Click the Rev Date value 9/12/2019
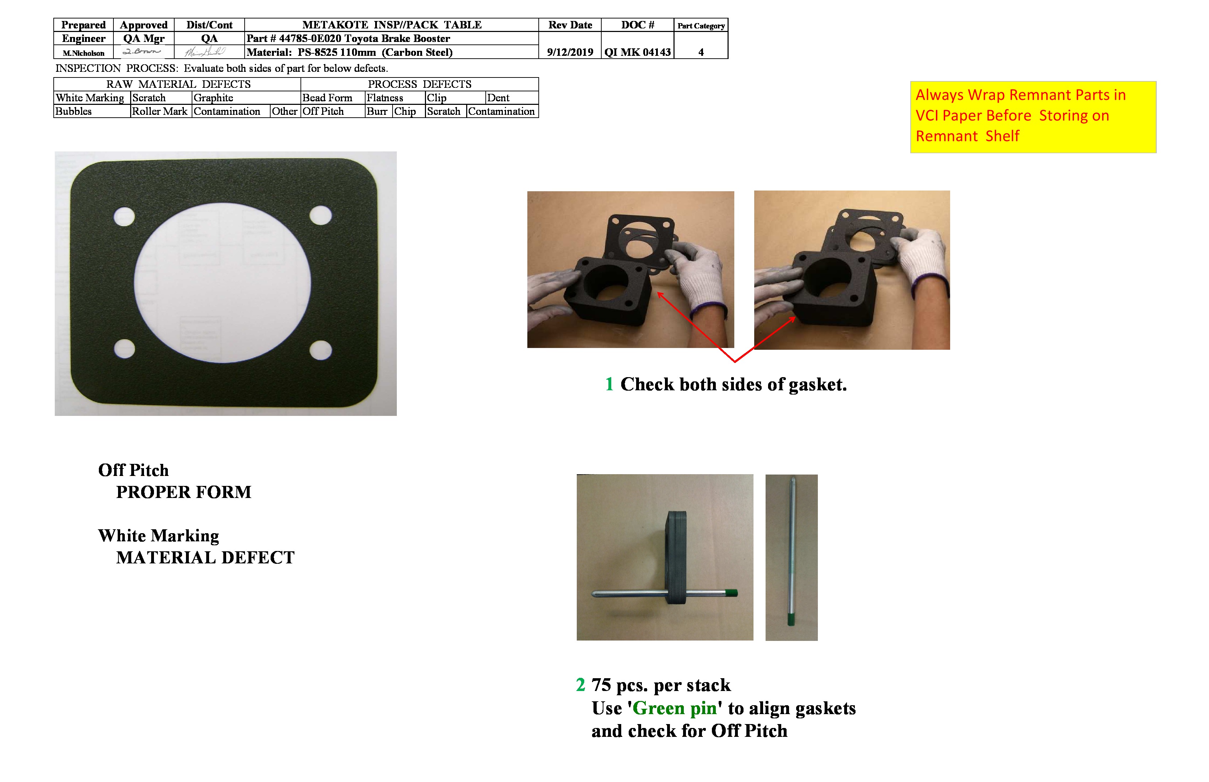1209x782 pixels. point(570,52)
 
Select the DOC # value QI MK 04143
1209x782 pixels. point(638,52)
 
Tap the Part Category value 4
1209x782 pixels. point(701,52)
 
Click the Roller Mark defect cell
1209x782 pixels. point(160,111)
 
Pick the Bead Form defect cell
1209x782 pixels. point(327,97)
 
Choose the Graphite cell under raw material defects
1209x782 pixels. point(213,97)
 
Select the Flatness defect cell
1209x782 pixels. point(384,97)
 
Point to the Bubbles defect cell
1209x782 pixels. point(74,111)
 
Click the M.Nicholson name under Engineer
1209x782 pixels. point(83,53)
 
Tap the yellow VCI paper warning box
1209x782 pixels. point(1033,117)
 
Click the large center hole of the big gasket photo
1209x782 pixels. point(223,283)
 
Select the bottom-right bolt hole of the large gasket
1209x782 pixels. point(320,350)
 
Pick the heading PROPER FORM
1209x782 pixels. point(183,492)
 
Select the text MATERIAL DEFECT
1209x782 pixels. point(205,558)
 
